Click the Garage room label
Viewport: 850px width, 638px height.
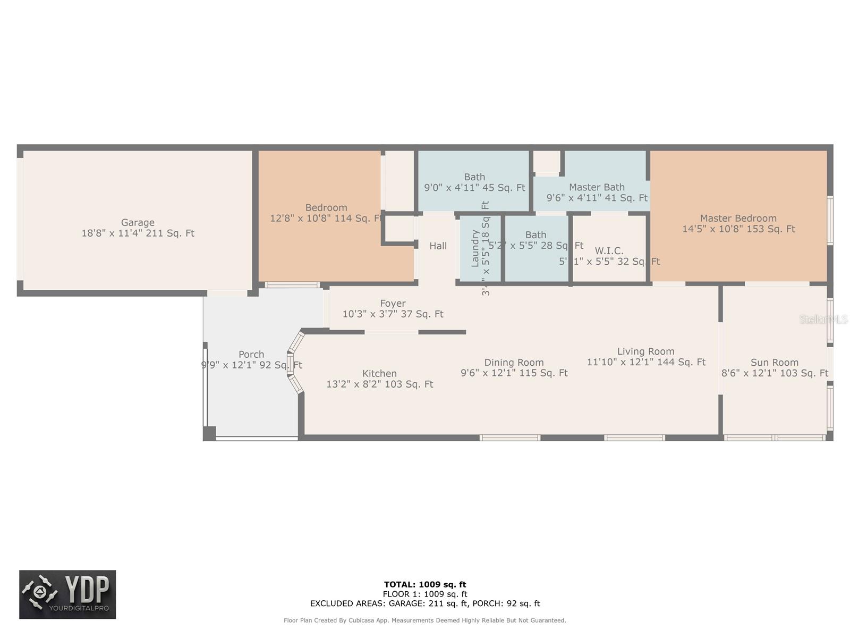[x=138, y=223]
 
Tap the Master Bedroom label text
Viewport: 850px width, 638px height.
[x=738, y=218]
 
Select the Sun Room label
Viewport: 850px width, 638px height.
[x=774, y=363]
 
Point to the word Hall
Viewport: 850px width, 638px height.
[x=438, y=246]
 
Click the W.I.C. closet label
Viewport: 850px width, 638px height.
[x=609, y=250]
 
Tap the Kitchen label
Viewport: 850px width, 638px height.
[x=379, y=373]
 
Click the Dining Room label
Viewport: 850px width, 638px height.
[x=514, y=363]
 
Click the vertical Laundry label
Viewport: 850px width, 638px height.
[x=475, y=248]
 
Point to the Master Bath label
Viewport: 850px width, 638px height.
[x=597, y=187]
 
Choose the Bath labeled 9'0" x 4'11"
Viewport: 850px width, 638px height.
[x=474, y=182]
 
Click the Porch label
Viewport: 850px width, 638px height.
[x=251, y=354]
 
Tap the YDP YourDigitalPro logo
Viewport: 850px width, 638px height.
[x=67, y=594]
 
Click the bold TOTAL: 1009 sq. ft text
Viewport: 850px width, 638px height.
[x=425, y=584]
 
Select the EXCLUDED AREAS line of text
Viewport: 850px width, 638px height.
[x=425, y=603]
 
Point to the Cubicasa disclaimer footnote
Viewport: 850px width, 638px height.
[x=425, y=620]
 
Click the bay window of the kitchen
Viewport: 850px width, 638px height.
[x=294, y=363]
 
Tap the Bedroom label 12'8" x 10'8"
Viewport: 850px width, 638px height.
[x=326, y=213]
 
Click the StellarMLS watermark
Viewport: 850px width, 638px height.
[x=823, y=320]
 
